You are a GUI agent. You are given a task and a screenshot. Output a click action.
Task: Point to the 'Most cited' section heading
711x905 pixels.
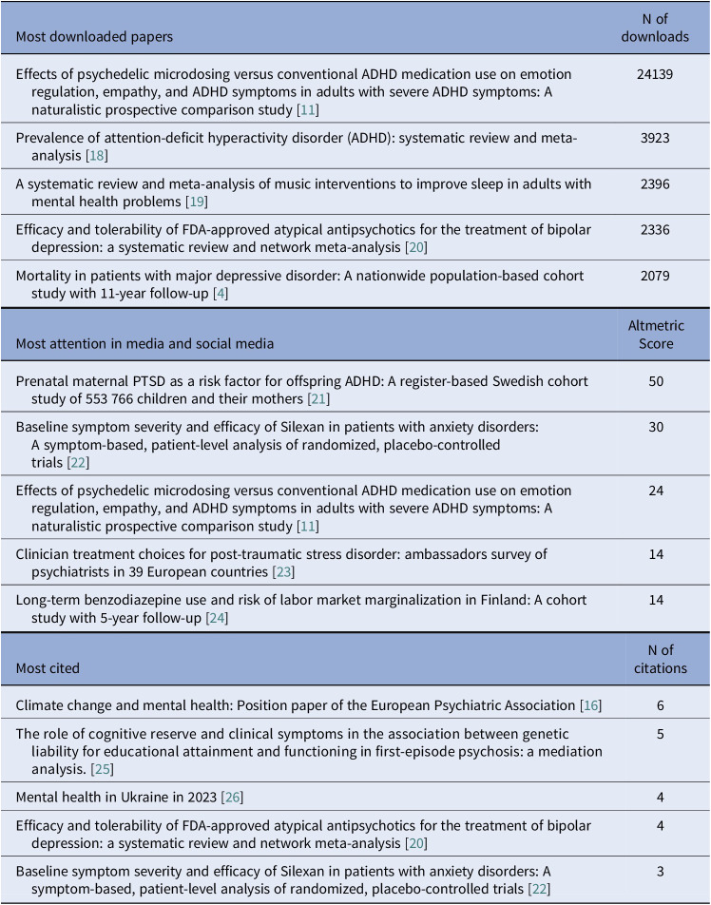coord(48,668)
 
